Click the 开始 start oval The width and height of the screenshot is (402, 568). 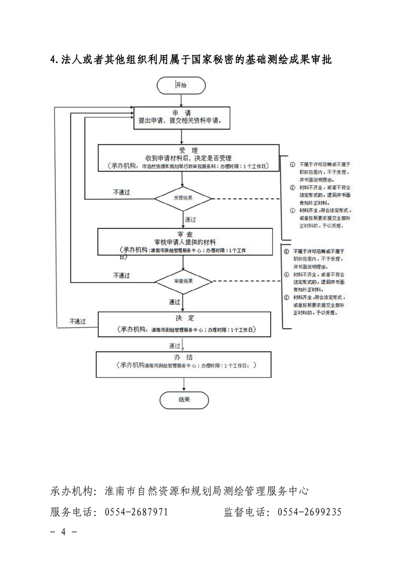click(x=181, y=85)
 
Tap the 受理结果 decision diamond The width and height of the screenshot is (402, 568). click(x=183, y=198)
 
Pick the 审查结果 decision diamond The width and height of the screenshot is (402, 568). click(x=183, y=281)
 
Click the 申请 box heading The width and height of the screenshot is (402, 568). click(x=181, y=113)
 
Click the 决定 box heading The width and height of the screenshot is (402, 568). click(x=184, y=318)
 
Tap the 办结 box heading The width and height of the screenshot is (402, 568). click(x=184, y=357)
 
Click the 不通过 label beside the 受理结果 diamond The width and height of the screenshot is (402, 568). click(x=122, y=192)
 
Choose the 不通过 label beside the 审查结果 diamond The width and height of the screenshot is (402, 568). click(x=122, y=275)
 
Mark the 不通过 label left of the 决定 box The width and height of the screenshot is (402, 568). click(x=78, y=321)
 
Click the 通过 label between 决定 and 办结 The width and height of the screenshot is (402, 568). click(x=175, y=346)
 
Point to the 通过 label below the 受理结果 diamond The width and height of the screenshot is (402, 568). click(x=191, y=220)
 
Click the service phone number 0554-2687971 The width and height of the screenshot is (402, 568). click(x=136, y=512)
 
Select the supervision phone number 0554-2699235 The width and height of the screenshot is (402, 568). click(x=309, y=512)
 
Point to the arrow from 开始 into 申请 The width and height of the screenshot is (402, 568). click(x=181, y=100)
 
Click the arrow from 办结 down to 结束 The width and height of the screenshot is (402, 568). click(x=183, y=384)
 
